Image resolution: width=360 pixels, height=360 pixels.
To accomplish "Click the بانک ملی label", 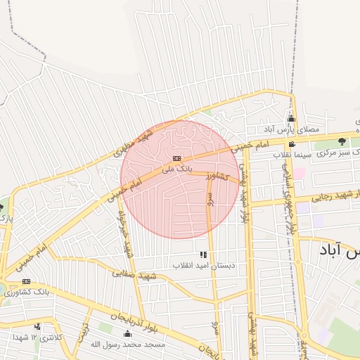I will click(x=176, y=169).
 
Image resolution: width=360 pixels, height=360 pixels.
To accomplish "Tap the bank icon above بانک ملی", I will click(x=176, y=159).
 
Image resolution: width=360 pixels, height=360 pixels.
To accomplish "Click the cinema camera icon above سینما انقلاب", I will click(x=292, y=144).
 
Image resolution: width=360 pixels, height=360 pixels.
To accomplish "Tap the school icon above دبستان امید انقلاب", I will click(x=203, y=254).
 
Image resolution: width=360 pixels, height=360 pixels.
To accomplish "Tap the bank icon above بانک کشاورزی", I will click(x=26, y=281).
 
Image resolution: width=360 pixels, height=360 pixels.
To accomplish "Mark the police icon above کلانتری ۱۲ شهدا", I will click(x=37, y=327).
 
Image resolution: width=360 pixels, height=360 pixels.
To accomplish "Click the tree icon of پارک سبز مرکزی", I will click(x=342, y=141).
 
